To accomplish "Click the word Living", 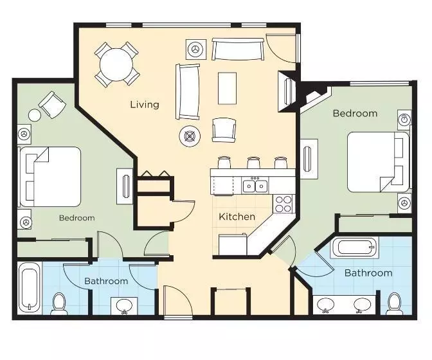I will (x=145, y=104).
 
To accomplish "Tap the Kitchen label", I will (x=237, y=217).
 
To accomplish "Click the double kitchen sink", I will (x=255, y=186).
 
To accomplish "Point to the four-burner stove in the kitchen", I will (x=283, y=204).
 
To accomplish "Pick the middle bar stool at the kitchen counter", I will (x=253, y=163).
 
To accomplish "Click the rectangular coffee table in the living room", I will (x=227, y=88).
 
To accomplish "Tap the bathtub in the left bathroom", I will (x=30, y=288).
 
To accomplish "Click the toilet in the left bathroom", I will (x=59, y=303).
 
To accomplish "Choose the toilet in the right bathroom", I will (x=394, y=304).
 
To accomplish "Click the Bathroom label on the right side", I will (x=368, y=273).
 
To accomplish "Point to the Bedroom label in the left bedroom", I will (x=77, y=218).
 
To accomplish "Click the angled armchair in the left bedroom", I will (x=50, y=104).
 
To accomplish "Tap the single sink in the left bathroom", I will (x=123, y=306).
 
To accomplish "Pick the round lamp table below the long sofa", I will (x=190, y=136).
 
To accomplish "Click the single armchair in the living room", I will (x=224, y=129).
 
